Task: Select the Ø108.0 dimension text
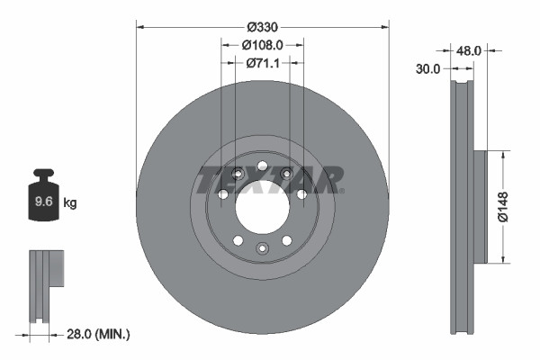pyautogui.click(x=263, y=43)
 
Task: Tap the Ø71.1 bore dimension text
pyautogui.click(x=263, y=63)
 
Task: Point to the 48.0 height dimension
pyautogui.click(x=469, y=51)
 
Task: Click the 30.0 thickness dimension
pyautogui.click(x=427, y=68)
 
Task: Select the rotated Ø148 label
pyautogui.click(x=506, y=207)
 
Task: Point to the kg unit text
pyautogui.click(x=70, y=203)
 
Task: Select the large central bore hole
pyautogui.click(x=262, y=207)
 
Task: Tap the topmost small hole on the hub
pyautogui.click(x=262, y=166)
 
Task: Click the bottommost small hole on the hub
pyautogui.click(x=262, y=248)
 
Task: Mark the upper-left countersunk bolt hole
pyautogui.click(x=238, y=175)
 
